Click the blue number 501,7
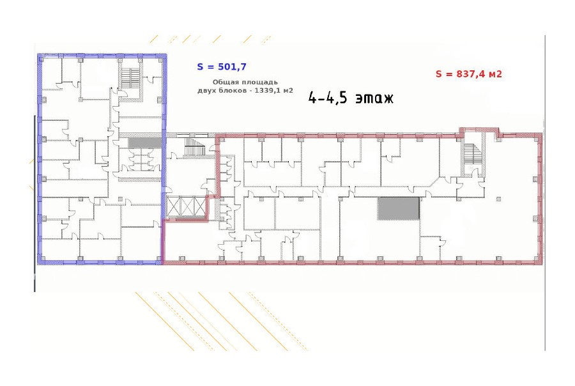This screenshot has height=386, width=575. (x=232, y=66)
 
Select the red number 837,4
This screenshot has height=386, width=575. (x=470, y=73)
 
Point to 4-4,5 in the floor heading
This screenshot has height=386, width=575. (x=328, y=98)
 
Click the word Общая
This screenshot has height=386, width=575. (x=223, y=82)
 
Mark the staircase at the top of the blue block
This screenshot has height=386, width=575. (x=130, y=78)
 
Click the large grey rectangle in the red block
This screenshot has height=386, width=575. (x=399, y=208)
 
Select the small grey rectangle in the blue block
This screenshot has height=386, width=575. (x=144, y=143)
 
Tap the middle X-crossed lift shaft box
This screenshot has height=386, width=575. (x=187, y=207)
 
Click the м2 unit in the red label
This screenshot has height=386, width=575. (x=494, y=73)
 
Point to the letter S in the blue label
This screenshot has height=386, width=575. (x=200, y=66)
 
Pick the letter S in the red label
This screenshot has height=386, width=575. (x=438, y=73)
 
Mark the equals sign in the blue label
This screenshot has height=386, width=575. (x=210, y=67)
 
